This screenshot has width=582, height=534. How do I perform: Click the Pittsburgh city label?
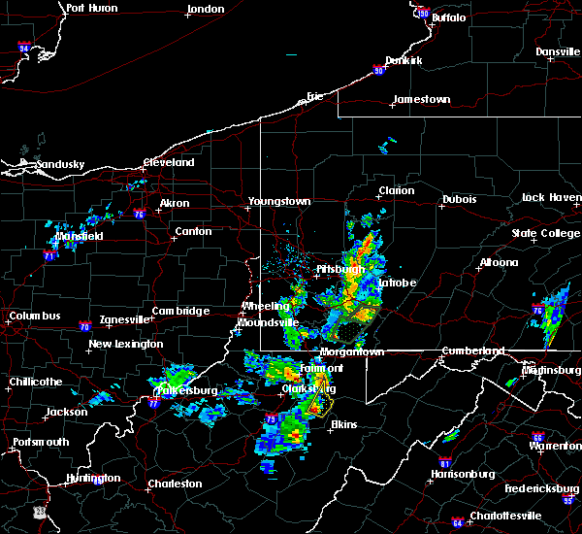tap(339, 269)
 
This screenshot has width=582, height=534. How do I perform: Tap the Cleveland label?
tap(169, 163)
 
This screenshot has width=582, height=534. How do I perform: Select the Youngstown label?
tap(279, 201)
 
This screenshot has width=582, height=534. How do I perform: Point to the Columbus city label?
tap(36, 317)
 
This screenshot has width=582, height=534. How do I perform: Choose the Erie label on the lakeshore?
tap(314, 96)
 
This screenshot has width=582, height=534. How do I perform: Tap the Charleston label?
tap(175, 484)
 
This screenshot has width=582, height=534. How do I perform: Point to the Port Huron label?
tap(92, 8)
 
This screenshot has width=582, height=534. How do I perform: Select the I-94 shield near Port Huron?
tap(24, 48)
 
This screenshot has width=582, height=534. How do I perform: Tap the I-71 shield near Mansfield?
tap(48, 256)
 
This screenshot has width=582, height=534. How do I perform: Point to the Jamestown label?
tap(422, 99)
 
